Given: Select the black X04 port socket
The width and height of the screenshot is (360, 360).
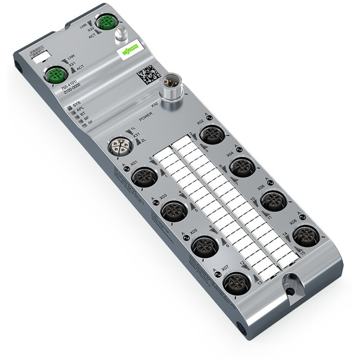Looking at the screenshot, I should point(242,166).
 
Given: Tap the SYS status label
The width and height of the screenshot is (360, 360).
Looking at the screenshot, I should point(77,105).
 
